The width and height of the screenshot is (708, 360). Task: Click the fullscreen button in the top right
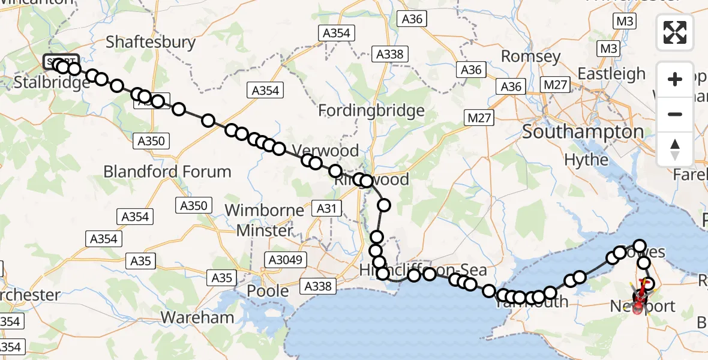tap(675, 32)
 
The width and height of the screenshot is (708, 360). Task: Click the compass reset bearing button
tap(675, 149)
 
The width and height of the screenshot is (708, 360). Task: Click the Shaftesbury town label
tap(151, 43)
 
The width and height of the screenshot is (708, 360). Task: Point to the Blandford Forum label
tap(167, 172)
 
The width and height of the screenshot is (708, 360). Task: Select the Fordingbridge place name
tap(371, 110)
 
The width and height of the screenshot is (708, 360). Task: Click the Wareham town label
tap(197, 317)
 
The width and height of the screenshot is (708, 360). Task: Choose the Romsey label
tap(530, 58)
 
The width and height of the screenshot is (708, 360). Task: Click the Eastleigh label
tap(611, 74)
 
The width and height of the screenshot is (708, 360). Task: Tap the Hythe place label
tap(586, 160)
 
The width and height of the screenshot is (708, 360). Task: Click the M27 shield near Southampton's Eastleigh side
tap(554, 85)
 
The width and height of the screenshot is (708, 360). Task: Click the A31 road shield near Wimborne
tap(328, 208)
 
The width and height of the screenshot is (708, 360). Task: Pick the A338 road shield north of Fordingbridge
tap(389, 54)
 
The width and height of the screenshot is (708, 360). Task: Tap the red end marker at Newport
tap(637, 308)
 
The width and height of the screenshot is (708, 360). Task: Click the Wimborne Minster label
tap(264, 220)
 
